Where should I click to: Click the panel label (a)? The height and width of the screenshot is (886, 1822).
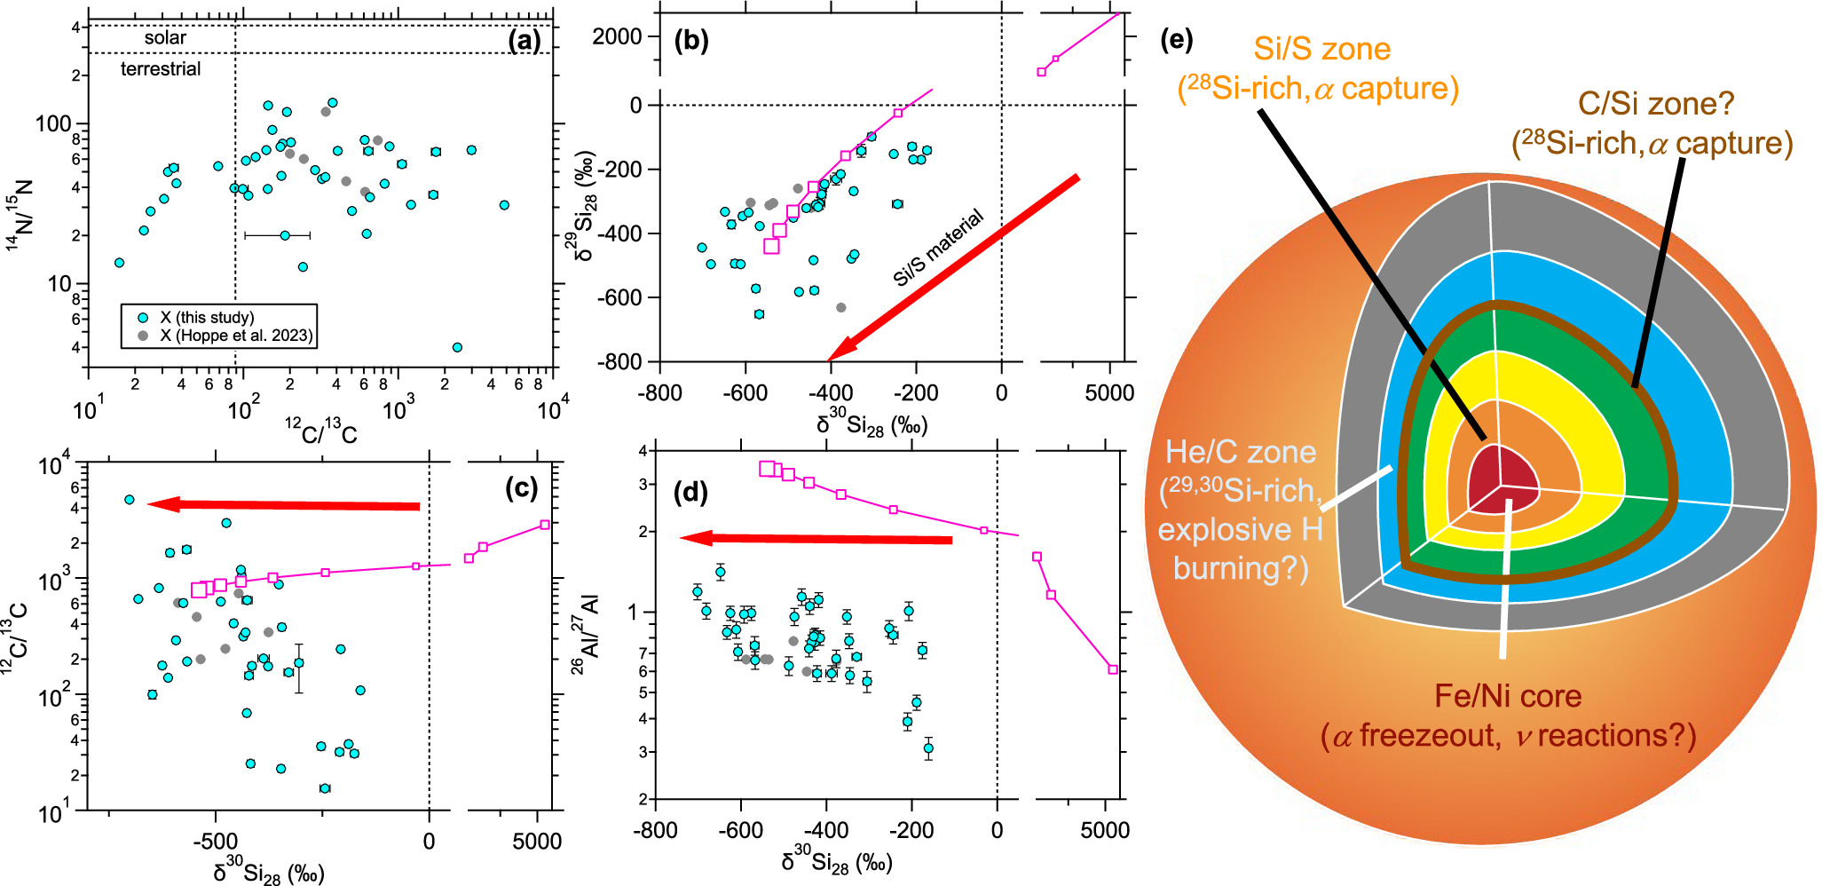point(524,40)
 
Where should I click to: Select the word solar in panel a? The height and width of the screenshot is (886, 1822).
point(165,38)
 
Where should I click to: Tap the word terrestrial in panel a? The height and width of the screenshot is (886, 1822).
point(161,69)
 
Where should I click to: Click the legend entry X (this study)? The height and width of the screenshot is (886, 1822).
point(206,317)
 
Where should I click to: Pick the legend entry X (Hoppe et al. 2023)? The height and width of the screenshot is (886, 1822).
point(235,336)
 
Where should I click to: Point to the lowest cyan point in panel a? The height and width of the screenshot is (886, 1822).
point(457,347)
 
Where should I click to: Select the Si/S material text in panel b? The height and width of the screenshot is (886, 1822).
point(938,248)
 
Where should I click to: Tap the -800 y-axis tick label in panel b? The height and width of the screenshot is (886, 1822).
point(619,361)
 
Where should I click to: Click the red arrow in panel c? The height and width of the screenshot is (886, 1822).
point(284,505)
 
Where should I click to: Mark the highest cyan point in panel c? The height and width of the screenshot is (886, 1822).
point(130,500)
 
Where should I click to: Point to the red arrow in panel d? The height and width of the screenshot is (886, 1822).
point(816,539)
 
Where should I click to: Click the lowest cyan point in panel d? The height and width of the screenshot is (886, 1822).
point(928,748)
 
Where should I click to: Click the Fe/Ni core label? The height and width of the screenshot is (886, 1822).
point(1508,696)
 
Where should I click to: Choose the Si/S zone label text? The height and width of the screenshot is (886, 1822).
point(1321,50)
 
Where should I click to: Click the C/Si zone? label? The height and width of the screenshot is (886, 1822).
point(1655,105)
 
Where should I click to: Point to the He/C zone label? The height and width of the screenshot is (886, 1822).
point(1240,452)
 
